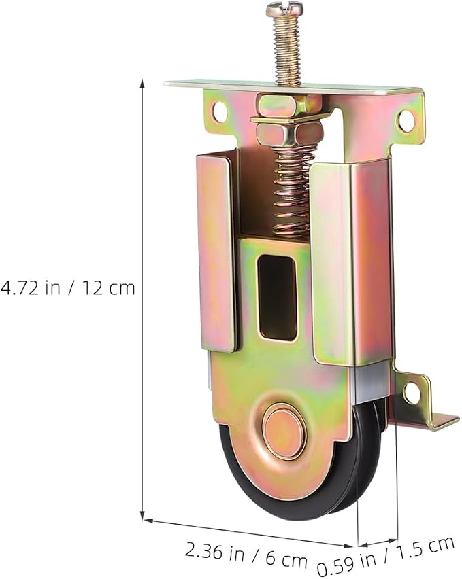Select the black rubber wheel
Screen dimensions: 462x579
[303, 480]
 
